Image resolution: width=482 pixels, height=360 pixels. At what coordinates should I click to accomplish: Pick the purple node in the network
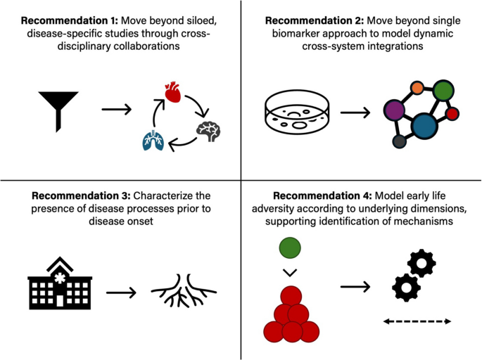pyautogui.click(x=394, y=110)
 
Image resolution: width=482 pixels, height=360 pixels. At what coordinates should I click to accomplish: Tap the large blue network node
pyautogui.click(x=424, y=126)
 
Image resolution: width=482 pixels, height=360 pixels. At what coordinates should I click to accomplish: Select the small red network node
pyautogui.click(x=452, y=113)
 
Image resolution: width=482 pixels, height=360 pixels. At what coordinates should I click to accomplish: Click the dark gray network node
pyautogui.click(x=399, y=141)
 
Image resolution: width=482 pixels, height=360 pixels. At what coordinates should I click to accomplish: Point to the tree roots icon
pyautogui.click(x=184, y=290)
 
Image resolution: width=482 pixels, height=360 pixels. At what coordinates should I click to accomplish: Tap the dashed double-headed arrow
pyautogui.click(x=417, y=322)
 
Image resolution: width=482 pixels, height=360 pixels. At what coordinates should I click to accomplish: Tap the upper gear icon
pyautogui.click(x=421, y=264)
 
